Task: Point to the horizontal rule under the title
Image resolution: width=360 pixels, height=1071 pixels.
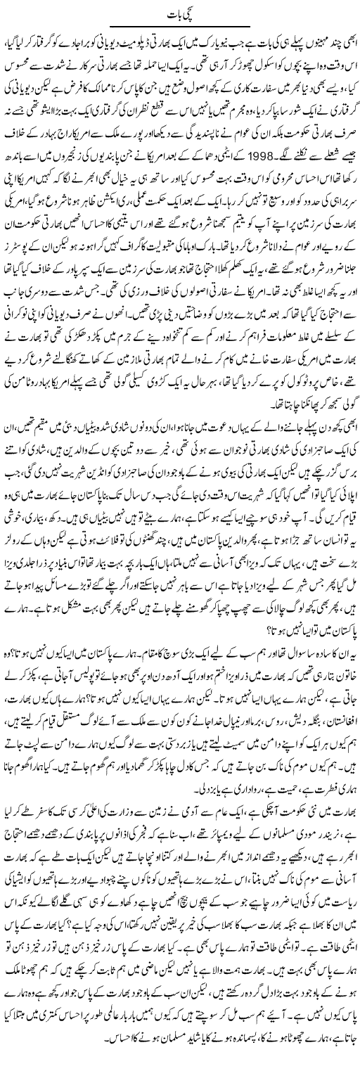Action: click(x=180, y=27)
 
